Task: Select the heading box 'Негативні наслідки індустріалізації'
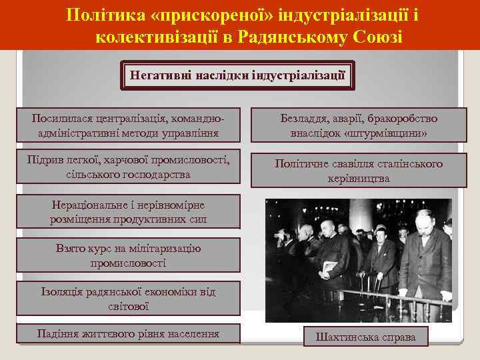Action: pyautogui.click(x=237, y=75)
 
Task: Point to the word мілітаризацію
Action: pyautogui.click(x=156, y=248)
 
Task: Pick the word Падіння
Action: pyautogui.click(x=61, y=333)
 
